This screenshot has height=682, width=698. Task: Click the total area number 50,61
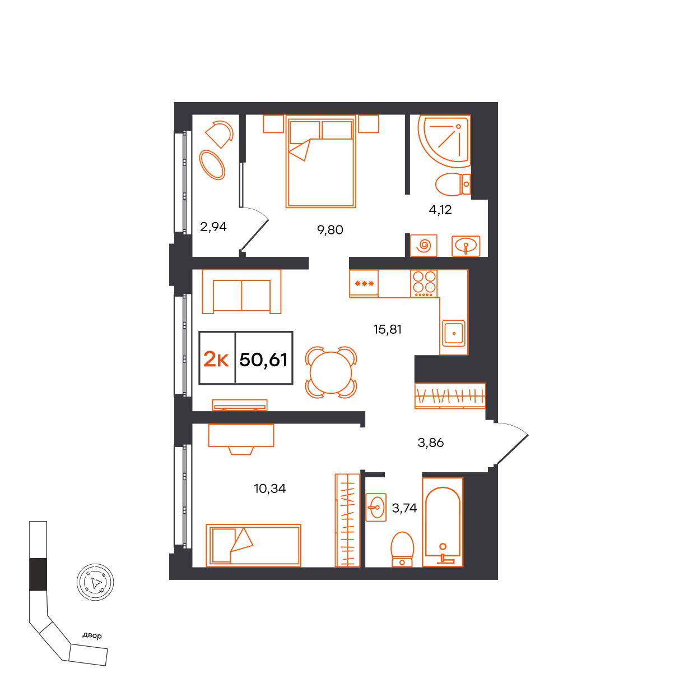tap(263, 360)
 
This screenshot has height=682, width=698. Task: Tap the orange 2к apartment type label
tap(216, 360)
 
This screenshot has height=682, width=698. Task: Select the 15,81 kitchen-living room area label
tap(388, 329)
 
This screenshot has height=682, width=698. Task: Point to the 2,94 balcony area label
tap(213, 227)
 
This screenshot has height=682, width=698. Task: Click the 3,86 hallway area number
tap(431, 443)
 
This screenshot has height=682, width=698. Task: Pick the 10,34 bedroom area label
tap(270, 489)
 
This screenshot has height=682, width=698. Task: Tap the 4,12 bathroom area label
tap(440, 210)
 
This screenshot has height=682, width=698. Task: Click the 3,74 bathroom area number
tap(404, 508)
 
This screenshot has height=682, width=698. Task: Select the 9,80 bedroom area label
tap(330, 230)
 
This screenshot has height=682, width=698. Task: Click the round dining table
tap(331, 372)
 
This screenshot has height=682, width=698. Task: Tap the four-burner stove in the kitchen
tap(424, 284)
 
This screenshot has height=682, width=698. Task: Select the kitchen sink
tap(454, 333)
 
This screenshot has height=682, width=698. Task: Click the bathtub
tap(443, 522)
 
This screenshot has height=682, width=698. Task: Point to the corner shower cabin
tap(444, 141)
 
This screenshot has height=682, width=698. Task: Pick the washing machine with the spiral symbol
tap(424, 246)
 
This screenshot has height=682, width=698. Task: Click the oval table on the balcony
tap(212, 165)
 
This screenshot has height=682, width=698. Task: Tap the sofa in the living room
tap(241, 292)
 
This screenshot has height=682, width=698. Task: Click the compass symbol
tap(95, 582)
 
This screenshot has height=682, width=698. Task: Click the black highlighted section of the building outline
tap(38, 574)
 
